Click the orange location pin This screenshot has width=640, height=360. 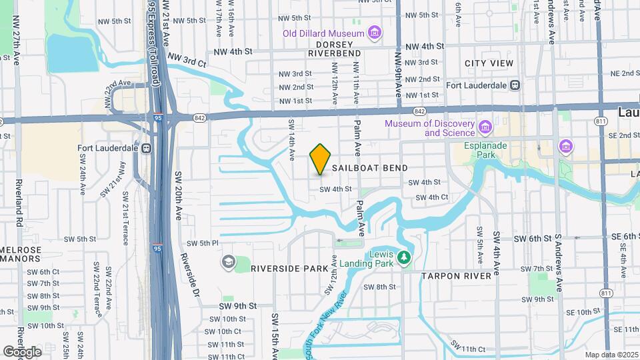(x=321, y=159)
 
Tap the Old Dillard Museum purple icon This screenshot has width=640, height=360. (x=375, y=33)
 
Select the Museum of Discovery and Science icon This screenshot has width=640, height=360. (x=485, y=127)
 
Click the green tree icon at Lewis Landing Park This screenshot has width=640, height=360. (x=403, y=257)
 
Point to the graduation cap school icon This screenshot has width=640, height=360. (x=229, y=262)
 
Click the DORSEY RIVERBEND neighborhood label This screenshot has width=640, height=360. (x=334, y=49)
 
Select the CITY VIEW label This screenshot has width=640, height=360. (x=489, y=63)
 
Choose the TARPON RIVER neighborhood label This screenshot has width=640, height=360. (x=461, y=275)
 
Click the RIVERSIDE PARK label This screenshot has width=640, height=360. (x=289, y=268)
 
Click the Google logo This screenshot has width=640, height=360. (x=22, y=352)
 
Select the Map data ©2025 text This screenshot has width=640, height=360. (x=611, y=355)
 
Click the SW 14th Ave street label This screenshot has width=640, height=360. (x=292, y=140)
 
